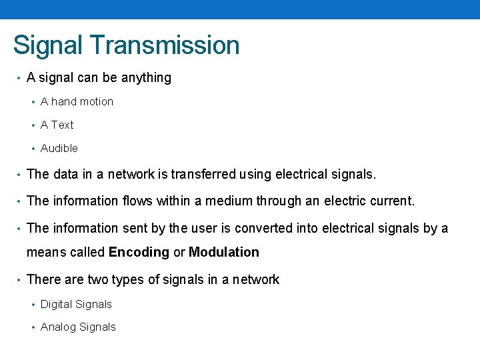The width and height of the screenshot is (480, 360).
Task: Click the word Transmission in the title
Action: tap(166, 45)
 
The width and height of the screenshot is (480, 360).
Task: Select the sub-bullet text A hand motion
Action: tap(77, 101)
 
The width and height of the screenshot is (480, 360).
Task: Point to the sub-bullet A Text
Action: tap(57, 125)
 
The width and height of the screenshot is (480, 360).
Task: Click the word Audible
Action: tap(59, 148)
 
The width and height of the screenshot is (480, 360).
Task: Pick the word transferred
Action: tap(203, 175)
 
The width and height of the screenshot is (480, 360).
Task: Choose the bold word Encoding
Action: tap(139, 252)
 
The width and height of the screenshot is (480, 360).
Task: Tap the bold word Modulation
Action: tap(224, 252)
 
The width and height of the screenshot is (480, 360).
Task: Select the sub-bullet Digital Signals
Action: tap(76, 304)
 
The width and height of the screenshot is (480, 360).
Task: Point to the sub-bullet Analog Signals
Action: tap(78, 327)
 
